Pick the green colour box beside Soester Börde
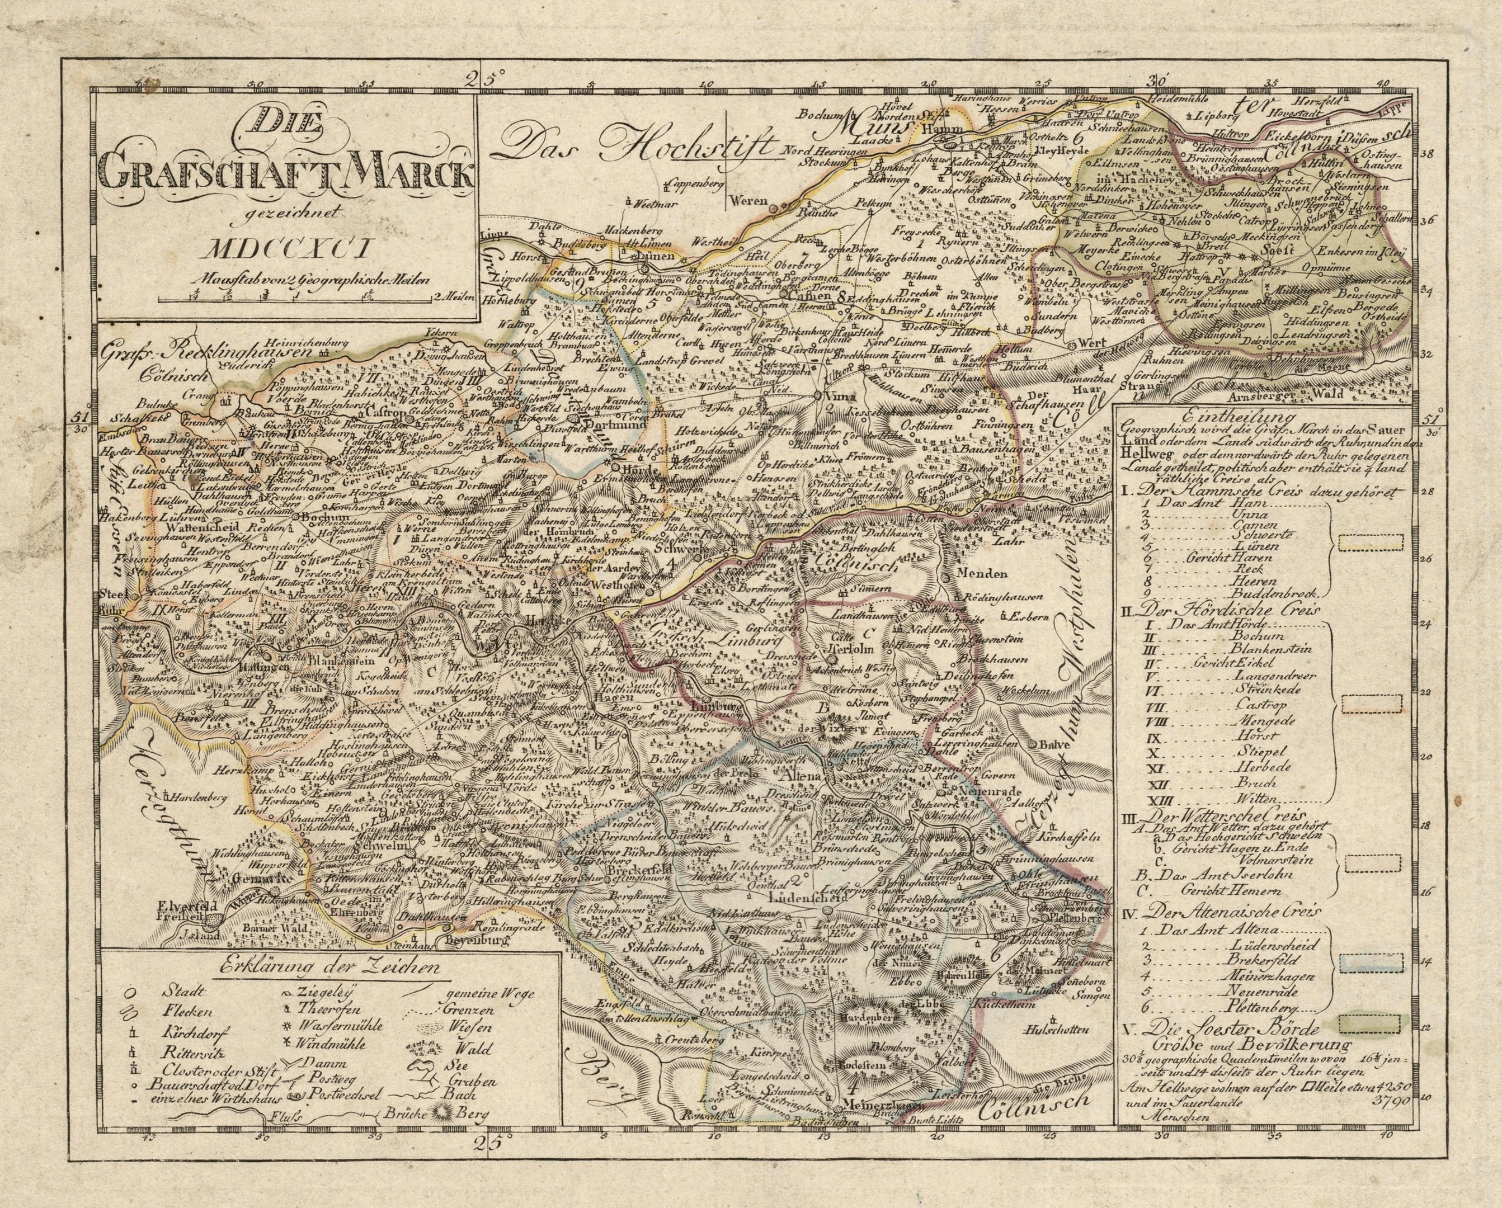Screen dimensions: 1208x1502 [x=1360, y=1022]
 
